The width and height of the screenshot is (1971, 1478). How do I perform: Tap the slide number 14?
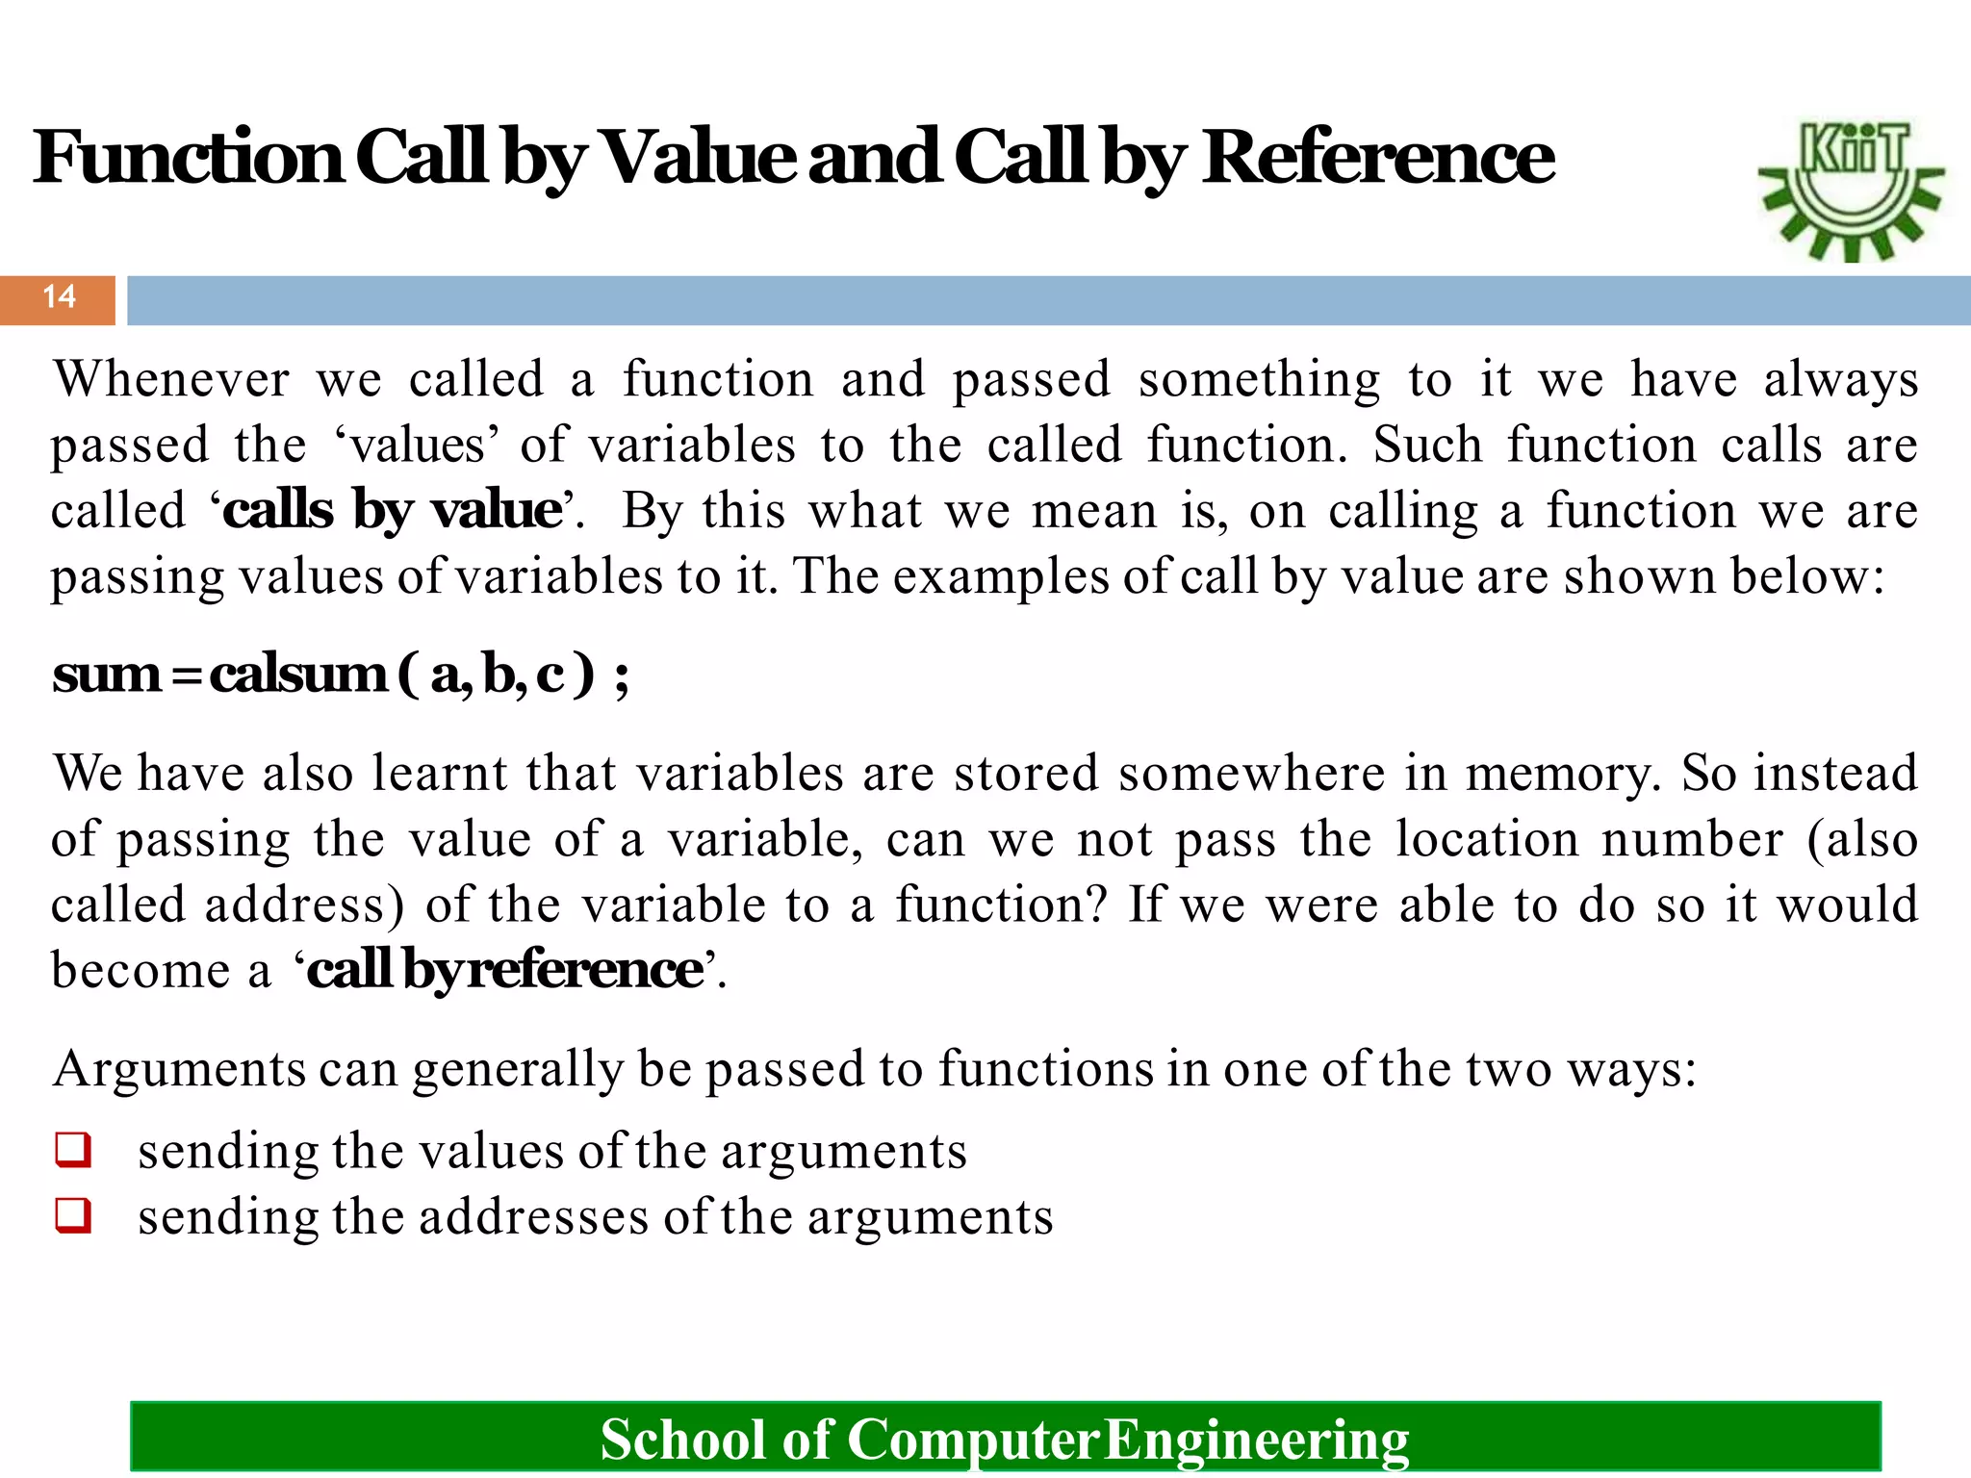[x=59, y=296]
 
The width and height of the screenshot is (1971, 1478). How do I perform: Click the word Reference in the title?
[x=1378, y=158]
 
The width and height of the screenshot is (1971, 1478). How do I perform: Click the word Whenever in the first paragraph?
[x=171, y=379]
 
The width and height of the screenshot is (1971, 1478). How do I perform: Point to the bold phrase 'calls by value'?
[x=393, y=510]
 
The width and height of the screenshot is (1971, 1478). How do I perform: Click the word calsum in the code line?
[x=298, y=674]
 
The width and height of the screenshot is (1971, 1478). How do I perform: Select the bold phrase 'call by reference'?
[x=505, y=969]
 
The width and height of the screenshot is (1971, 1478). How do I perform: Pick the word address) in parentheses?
[x=304, y=905]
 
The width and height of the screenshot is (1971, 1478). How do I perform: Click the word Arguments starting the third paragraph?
[x=179, y=1069]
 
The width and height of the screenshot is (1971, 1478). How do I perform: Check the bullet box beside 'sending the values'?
[x=74, y=1150]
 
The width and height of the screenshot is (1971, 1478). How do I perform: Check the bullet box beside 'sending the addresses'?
[x=74, y=1215]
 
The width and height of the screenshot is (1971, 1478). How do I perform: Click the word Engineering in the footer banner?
[x=1256, y=1440]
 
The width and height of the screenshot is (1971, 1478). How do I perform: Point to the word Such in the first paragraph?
[x=1428, y=446]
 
